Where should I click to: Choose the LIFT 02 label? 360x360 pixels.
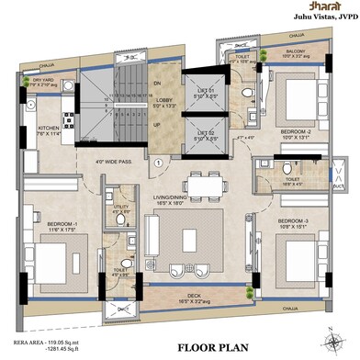[205, 135]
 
